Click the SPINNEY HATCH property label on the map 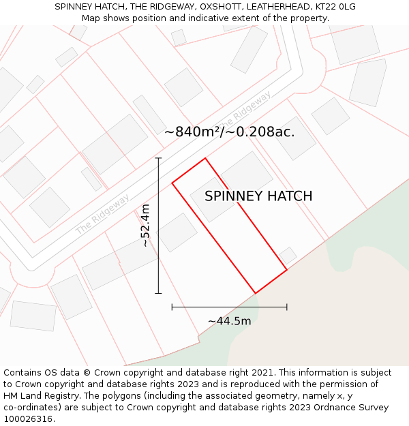click(258, 196)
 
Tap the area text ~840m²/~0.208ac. click(230, 132)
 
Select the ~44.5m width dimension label click(230, 321)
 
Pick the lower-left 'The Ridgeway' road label click(102, 214)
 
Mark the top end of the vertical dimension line click(158, 158)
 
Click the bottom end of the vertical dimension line click(158, 294)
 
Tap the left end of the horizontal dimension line click(172, 307)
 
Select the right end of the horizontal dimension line click(287, 307)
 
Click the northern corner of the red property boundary click(205, 158)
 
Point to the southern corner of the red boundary click(256, 294)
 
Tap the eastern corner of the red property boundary click(287, 269)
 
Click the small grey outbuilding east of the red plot click(288, 256)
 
